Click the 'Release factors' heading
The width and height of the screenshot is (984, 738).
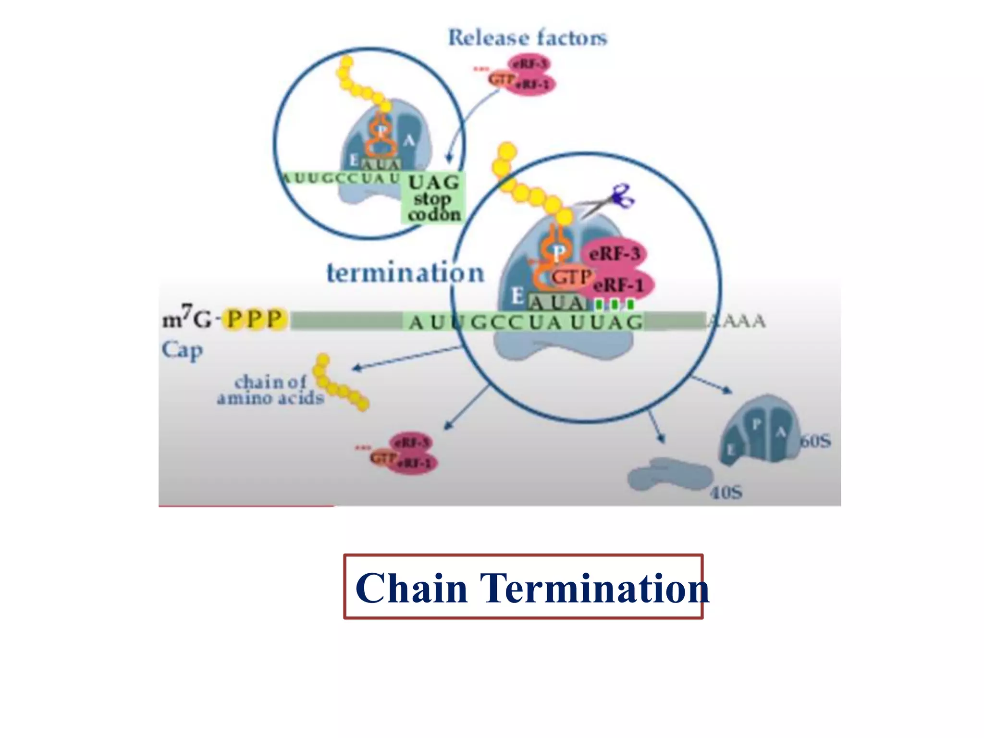coord(527,37)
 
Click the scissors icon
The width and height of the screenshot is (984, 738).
coord(620,197)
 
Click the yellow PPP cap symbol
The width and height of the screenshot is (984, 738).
coord(255,320)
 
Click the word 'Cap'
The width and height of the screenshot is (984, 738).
coord(182,350)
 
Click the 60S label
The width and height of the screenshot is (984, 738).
coord(815,441)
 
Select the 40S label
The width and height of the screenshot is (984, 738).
coord(726,492)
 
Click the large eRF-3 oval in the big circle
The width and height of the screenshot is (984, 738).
coord(614,254)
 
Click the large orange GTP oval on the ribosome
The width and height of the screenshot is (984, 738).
coord(570,277)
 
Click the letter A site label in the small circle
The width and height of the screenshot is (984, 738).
coord(409,141)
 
